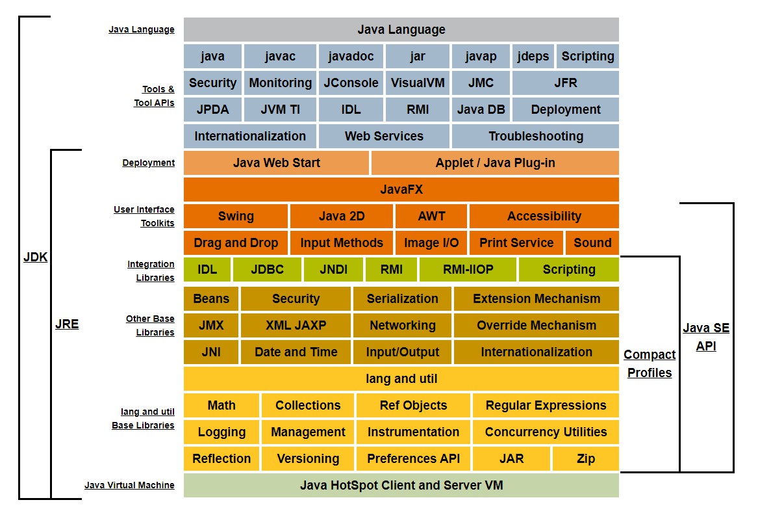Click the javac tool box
click(280, 57)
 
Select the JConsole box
click(351, 83)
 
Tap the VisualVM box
click(418, 83)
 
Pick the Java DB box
click(481, 110)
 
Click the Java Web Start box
click(276, 163)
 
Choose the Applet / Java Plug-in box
click(495, 163)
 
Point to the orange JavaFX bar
click(401, 190)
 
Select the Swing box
click(236, 217)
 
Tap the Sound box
click(592, 243)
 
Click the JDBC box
click(267, 270)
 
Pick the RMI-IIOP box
click(468, 270)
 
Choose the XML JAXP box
click(296, 326)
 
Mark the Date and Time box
click(296, 352)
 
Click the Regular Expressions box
click(546, 406)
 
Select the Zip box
click(585, 459)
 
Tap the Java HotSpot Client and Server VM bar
click(401, 486)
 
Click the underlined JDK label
click(35, 257)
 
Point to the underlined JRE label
click(67, 324)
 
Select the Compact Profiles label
click(650, 364)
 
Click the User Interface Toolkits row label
click(144, 217)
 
